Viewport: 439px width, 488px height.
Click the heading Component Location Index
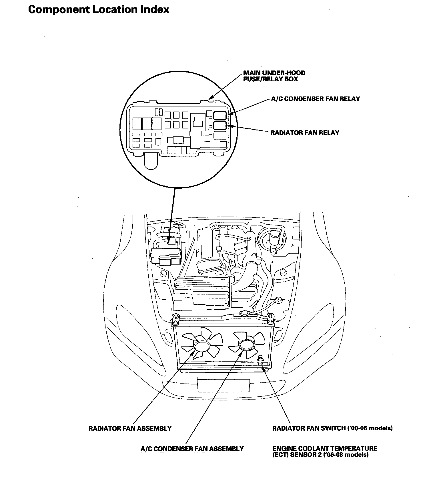99,10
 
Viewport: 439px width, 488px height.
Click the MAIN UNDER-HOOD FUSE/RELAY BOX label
274,76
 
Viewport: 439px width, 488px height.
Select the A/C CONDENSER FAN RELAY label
315,99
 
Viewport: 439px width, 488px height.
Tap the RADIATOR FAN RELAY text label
305,133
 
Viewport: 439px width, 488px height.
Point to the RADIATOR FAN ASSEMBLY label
130,428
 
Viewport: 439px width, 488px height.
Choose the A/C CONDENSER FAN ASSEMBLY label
192,449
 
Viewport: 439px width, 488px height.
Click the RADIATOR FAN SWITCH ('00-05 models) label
332,428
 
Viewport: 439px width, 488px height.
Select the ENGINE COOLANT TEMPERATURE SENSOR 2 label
325,452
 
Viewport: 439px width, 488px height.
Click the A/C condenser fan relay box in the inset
220,115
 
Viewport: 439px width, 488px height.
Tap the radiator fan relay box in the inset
220,126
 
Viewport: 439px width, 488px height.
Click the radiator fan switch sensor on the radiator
260,361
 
